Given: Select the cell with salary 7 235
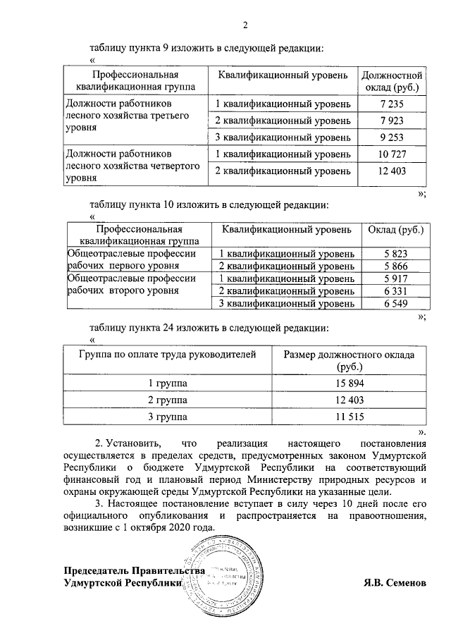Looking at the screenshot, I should coord(391,104).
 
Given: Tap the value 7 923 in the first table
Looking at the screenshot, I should coord(391,121).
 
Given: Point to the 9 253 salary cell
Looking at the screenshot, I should coord(391,137).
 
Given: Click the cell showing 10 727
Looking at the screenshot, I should coord(391,154).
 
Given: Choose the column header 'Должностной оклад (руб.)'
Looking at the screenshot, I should coord(391,81).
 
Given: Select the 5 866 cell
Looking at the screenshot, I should coord(396,266).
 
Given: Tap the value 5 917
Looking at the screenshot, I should coord(396,278).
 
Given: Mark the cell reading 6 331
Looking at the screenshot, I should coord(396,291).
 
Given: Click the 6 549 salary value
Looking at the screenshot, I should coord(396,303).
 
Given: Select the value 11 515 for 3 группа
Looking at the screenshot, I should coord(349,417).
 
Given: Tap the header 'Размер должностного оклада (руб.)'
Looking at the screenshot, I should coord(349,360).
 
